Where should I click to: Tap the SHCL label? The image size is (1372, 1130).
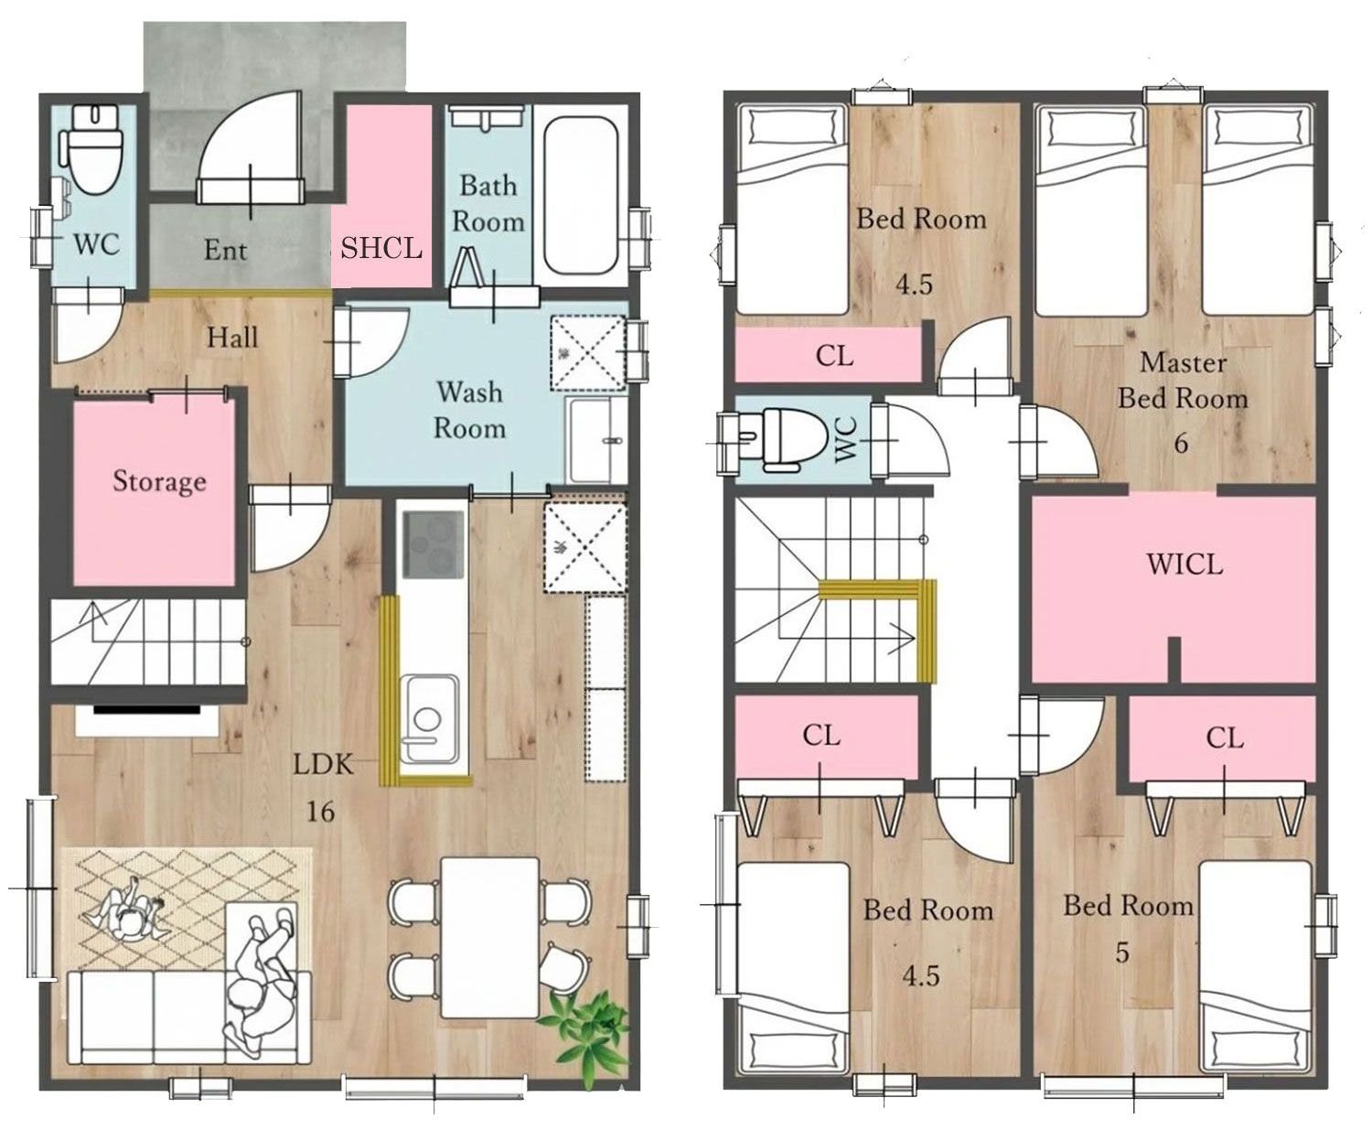381,248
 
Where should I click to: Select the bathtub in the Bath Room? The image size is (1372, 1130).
580,195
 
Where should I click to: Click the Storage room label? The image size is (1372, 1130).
159,481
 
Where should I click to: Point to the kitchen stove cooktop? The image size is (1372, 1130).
434,544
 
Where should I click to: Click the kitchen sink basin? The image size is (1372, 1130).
429,719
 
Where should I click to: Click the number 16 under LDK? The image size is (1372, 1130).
321,812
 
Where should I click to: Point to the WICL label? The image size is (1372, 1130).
1184,565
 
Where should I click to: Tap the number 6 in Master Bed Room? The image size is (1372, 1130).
1181,443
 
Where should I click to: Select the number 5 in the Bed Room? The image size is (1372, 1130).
1122,952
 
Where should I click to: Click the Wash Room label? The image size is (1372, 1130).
470,410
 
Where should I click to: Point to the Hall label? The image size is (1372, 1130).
232,338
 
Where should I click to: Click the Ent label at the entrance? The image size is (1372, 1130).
225,250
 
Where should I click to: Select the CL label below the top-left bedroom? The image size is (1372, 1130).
834,355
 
